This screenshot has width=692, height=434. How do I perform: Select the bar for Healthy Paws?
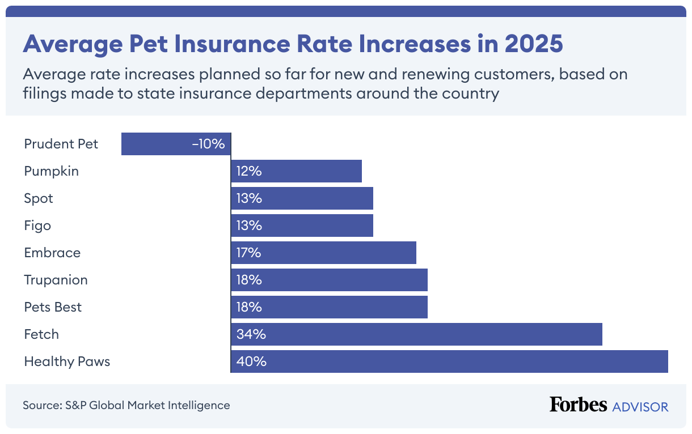point(449,361)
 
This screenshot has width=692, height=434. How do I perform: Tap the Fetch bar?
point(416,334)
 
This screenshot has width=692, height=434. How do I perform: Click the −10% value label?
point(208,144)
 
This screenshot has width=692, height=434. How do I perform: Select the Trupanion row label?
point(56,280)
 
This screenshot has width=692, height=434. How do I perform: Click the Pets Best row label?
point(53,307)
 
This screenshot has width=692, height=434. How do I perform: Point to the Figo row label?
point(37,225)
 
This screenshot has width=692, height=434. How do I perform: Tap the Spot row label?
point(39,198)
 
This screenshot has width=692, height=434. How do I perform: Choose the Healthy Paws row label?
point(67,361)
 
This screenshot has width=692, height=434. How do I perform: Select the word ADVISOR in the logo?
point(640,406)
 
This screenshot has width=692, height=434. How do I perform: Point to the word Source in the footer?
point(41,405)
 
